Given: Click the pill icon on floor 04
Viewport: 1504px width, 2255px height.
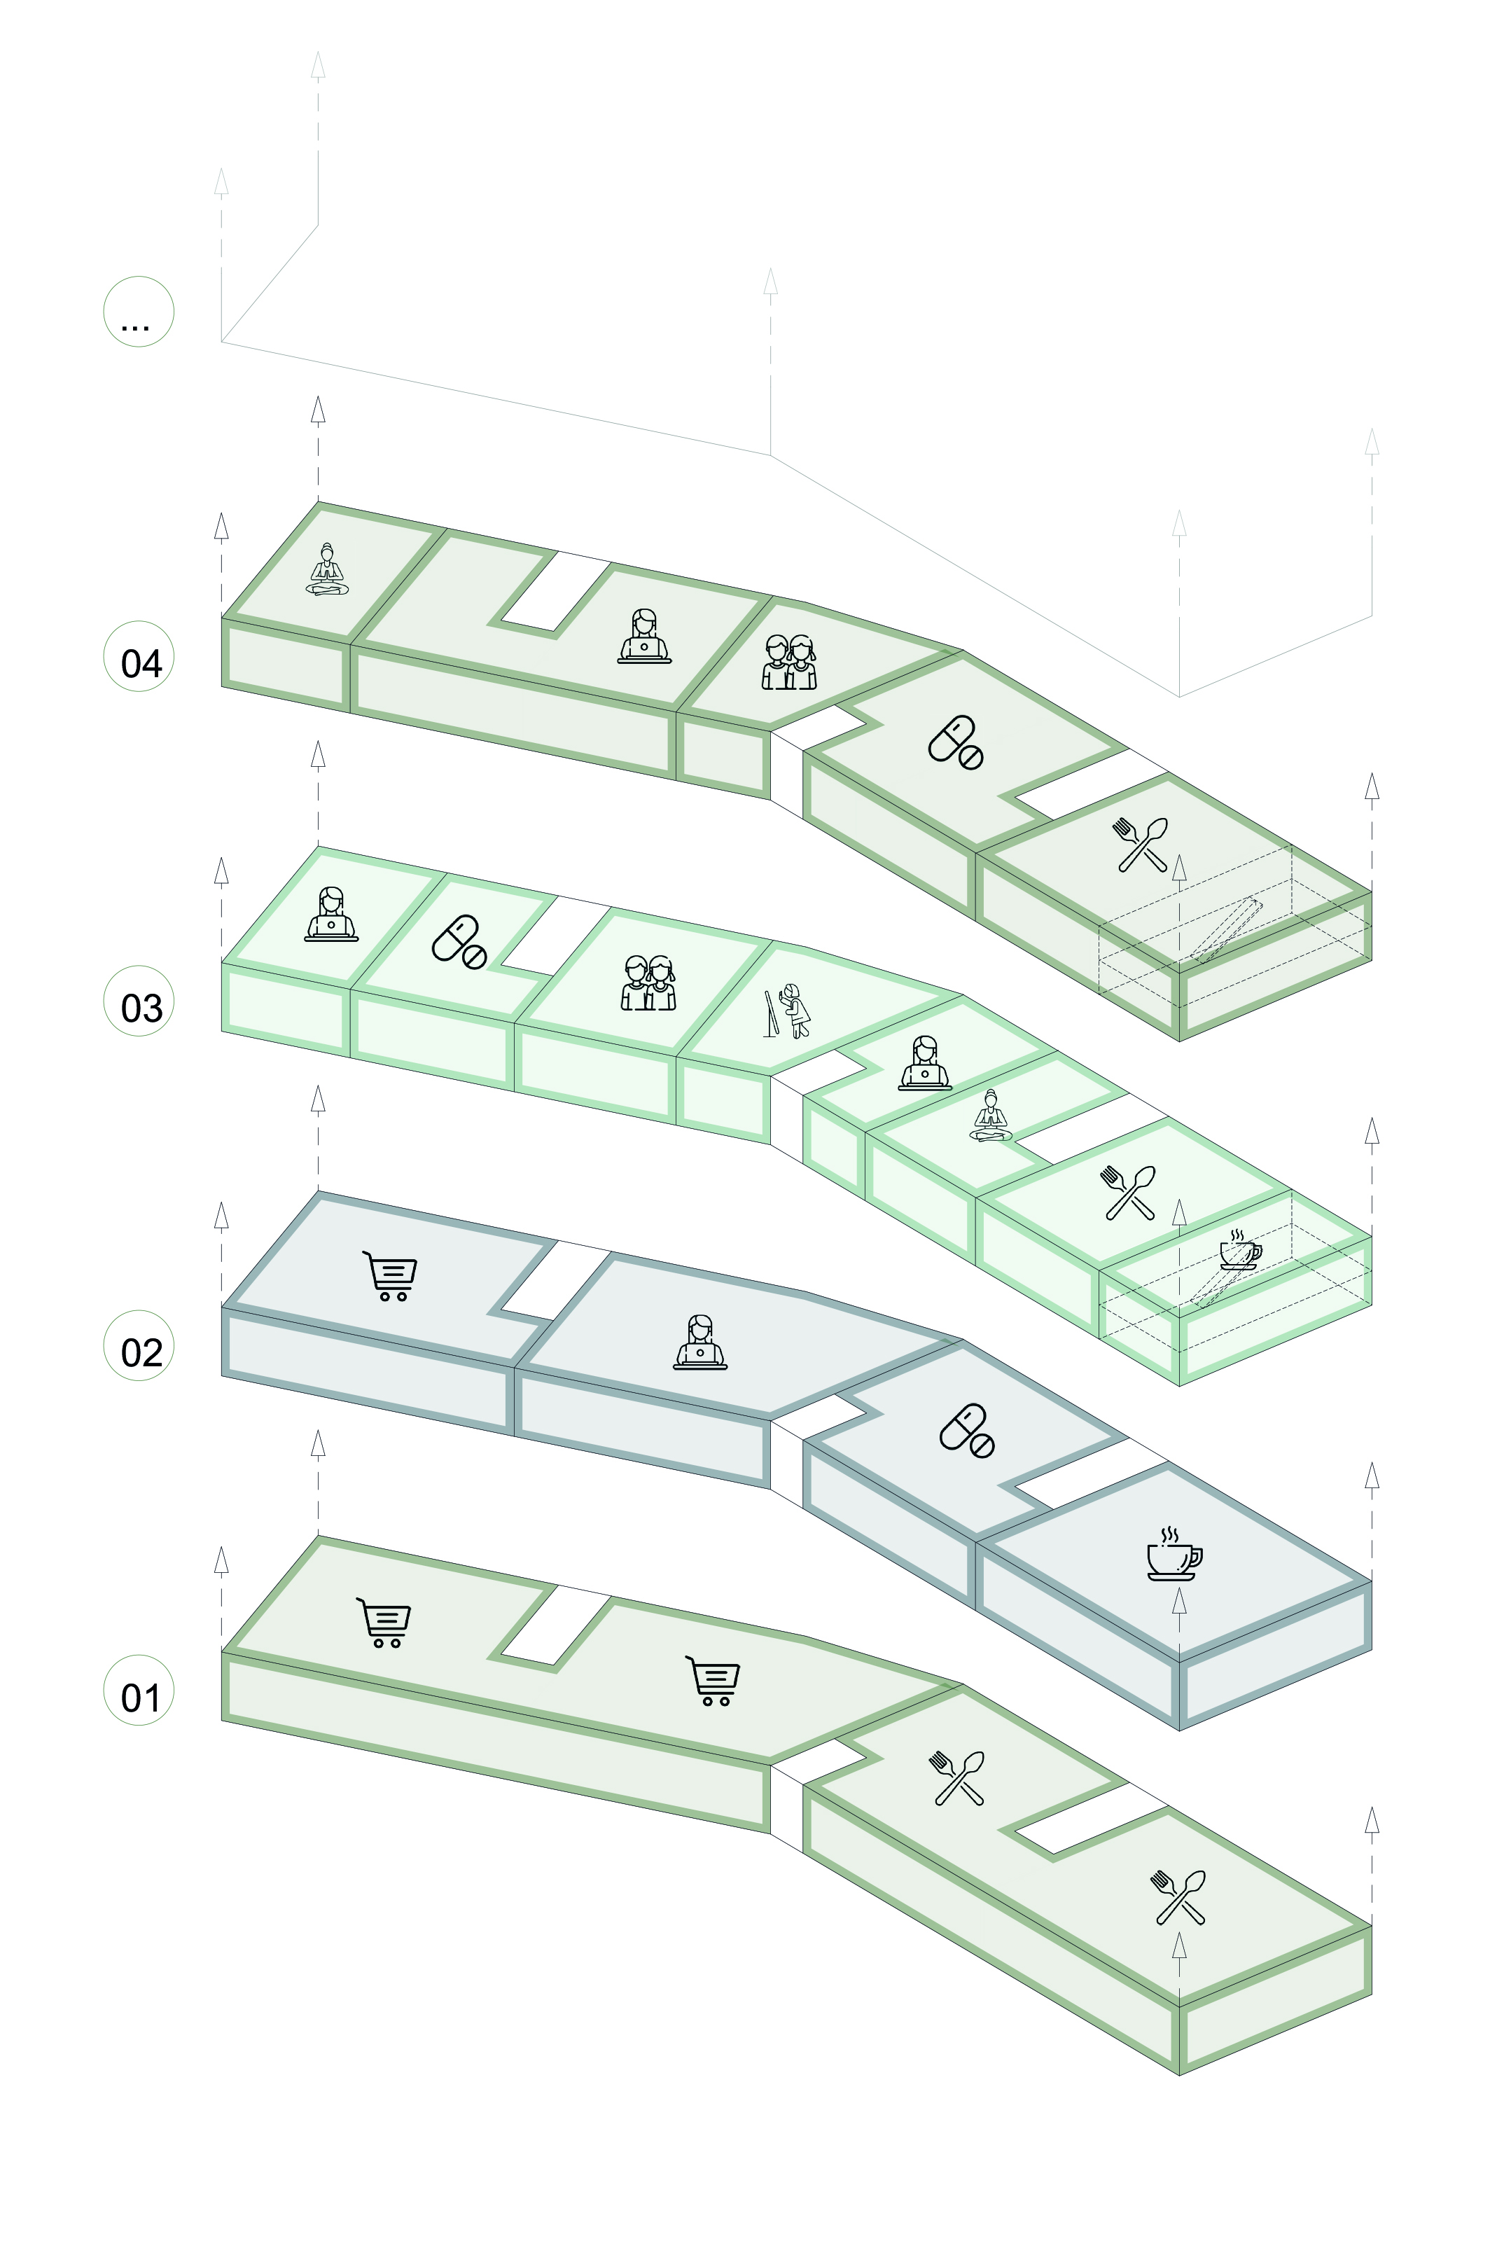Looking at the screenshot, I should [955, 742].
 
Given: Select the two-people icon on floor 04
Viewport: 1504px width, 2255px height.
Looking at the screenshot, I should [788, 662].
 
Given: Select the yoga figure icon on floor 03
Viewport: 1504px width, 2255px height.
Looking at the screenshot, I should [991, 1116].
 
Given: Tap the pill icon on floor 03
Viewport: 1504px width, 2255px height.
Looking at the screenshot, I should [459, 942].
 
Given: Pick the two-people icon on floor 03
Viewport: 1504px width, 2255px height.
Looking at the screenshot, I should [648, 983].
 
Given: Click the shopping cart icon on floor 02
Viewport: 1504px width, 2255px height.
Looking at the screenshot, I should [391, 1276].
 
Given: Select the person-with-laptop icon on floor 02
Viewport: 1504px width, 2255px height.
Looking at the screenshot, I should [699, 1342].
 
